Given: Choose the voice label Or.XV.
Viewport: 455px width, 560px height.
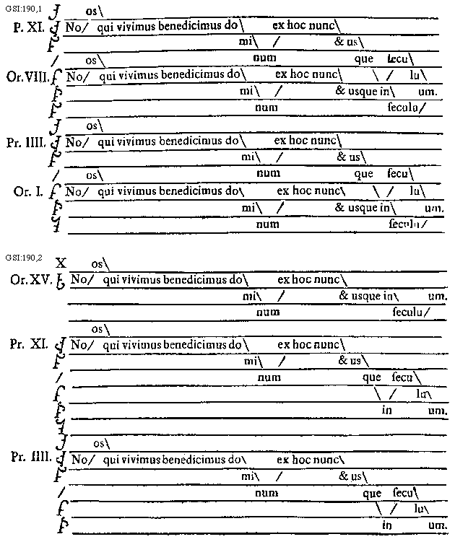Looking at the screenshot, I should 32,279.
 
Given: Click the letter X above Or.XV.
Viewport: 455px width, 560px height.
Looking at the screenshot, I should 61,265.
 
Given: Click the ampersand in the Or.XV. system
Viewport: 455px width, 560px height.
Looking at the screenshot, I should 344,296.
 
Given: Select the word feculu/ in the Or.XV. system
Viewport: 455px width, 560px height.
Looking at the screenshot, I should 412,312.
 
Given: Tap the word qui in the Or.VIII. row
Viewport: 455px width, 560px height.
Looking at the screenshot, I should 107,74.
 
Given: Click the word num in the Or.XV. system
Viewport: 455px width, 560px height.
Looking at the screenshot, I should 268,312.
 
